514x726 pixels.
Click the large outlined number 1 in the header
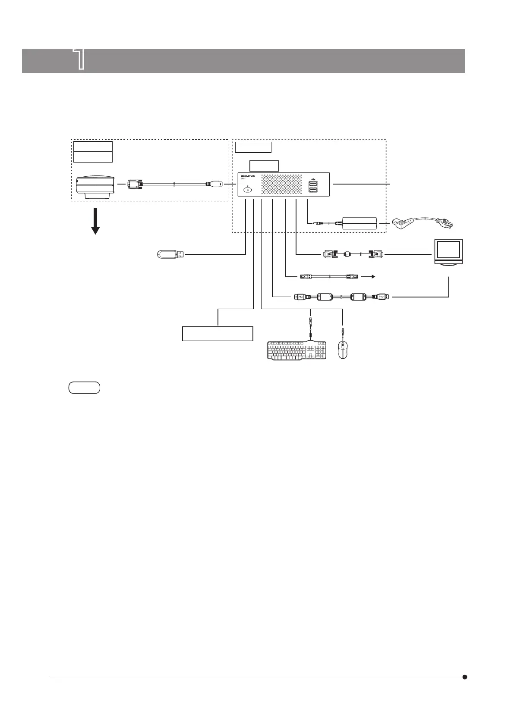(x=79, y=59)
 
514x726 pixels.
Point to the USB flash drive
(x=170, y=254)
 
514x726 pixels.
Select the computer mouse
(x=343, y=349)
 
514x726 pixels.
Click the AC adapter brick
(x=359, y=223)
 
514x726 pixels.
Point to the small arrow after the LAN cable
(x=368, y=276)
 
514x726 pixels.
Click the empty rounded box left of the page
(x=84, y=388)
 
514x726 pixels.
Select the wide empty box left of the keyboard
(x=217, y=334)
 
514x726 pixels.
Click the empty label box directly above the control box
(x=265, y=166)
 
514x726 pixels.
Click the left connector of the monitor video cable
(x=331, y=254)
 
